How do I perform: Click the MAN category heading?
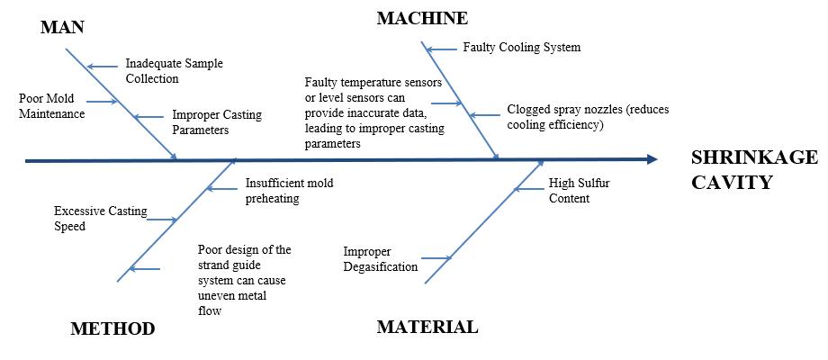pyautogui.click(x=62, y=27)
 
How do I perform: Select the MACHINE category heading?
pyautogui.click(x=422, y=18)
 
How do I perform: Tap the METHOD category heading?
pyautogui.click(x=112, y=328)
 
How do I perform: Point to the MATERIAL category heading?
pyautogui.click(x=427, y=327)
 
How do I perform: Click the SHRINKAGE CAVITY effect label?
pyautogui.click(x=753, y=170)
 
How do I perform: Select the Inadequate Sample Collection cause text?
pyautogui.click(x=174, y=71)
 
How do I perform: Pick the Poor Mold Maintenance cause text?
pyautogui.click(x=52, y=106)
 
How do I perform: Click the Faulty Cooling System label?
pyautogui.click(x=521, y=47)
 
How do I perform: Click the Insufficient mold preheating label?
pyautogui.click(x=289, y=190)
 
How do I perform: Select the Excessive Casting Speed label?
pyautogui.click(x=94, y=218)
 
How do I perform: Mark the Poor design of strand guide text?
pyautogui.click(x=245, y=280)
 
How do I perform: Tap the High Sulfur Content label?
pyautogui.click(x=579, y=190)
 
